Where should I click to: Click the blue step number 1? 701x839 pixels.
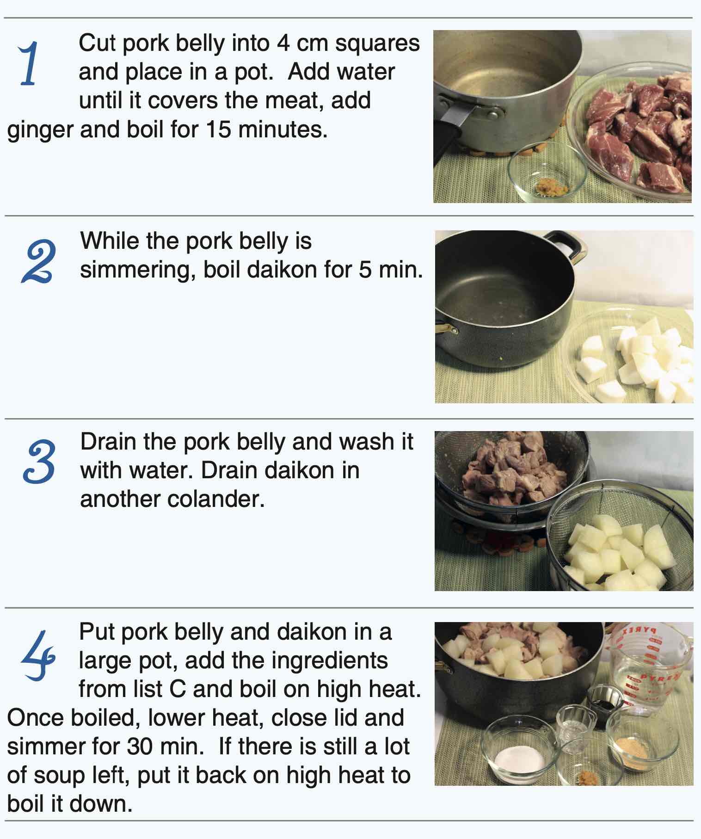point(29,63)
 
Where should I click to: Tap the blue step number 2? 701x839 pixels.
point(39,262)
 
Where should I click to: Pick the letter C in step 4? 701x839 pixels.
point(178,689)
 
